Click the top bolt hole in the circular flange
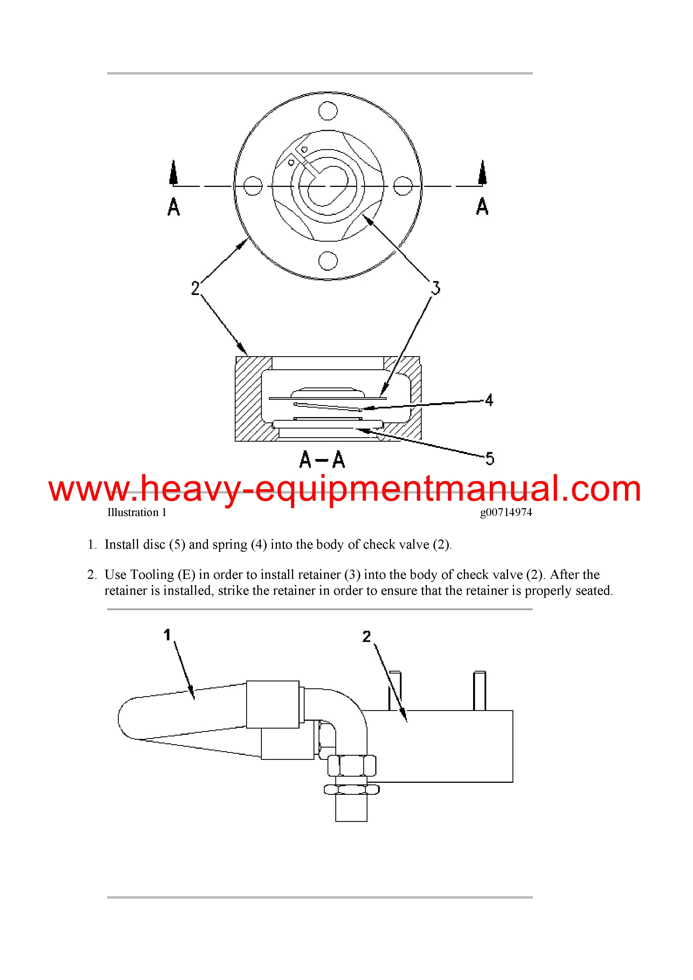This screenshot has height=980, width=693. tap(328, 111)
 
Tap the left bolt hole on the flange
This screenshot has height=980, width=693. tap(253, 186)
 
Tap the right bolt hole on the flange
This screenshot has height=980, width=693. tap(403, 186)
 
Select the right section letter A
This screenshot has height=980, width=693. tap(482, 206)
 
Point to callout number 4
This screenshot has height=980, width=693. tap(489, 400)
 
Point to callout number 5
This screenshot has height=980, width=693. tap(490, 459)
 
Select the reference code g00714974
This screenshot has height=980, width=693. tap(506, 513)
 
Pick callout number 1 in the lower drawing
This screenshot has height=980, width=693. tap(167, 635)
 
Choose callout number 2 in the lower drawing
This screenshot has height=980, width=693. tap(366, 636)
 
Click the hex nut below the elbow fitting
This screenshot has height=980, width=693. tap(352, 765)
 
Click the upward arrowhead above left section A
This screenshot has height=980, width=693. tap(173, 172)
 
